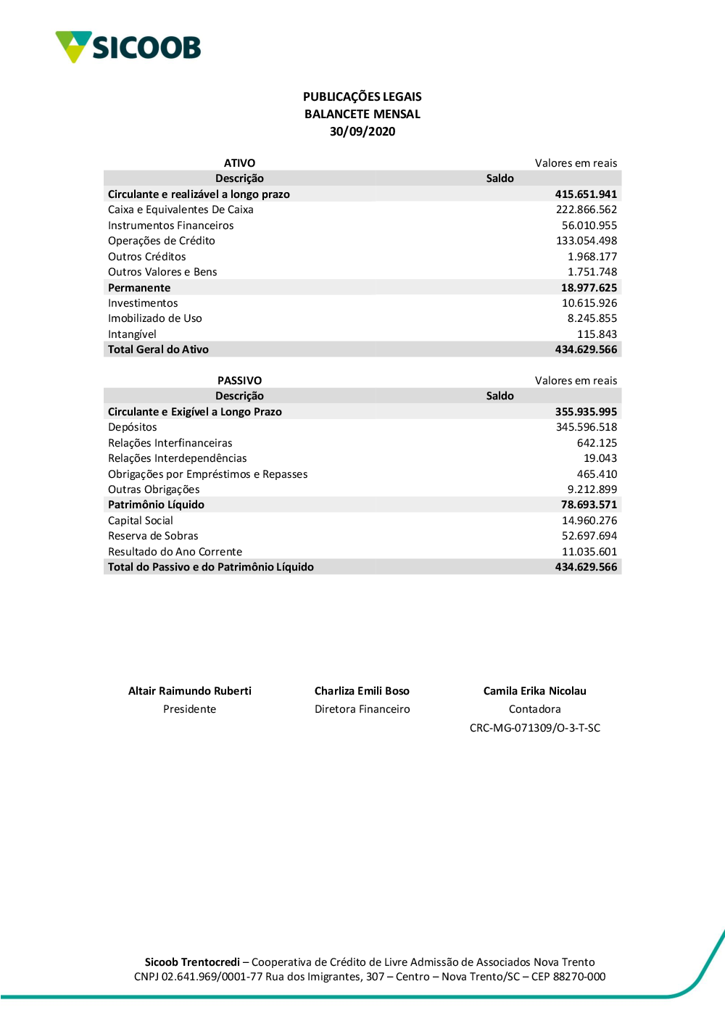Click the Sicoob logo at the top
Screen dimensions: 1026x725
[128, 47]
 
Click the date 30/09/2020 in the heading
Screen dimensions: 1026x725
[362, 131]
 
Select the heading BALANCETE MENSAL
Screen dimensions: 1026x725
[362, 114]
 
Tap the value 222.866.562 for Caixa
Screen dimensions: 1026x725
[587, 210]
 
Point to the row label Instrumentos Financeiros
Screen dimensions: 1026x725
[170, 226]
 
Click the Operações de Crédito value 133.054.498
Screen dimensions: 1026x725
[587, 241]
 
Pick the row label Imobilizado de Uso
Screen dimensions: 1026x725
[154, 318]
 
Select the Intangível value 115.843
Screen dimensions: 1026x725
[597, 334]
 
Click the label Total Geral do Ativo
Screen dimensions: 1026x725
[158, 349]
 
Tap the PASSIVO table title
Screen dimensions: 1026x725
[239, 381]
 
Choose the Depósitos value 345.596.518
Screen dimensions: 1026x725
[587, 427]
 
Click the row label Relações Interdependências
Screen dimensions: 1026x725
[177, 458]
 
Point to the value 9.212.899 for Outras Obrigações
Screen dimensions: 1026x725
[592, 489]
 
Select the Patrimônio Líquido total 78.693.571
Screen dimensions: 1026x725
[589, 505]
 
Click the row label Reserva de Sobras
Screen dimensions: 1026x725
[153, 536]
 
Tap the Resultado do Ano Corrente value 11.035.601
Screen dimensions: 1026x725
[589, 552]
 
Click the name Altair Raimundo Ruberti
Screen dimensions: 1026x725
[190, 691]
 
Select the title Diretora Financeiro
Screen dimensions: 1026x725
[362, 709]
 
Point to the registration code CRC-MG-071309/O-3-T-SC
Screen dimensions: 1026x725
[535, 728]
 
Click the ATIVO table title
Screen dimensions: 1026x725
[239, 163]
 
